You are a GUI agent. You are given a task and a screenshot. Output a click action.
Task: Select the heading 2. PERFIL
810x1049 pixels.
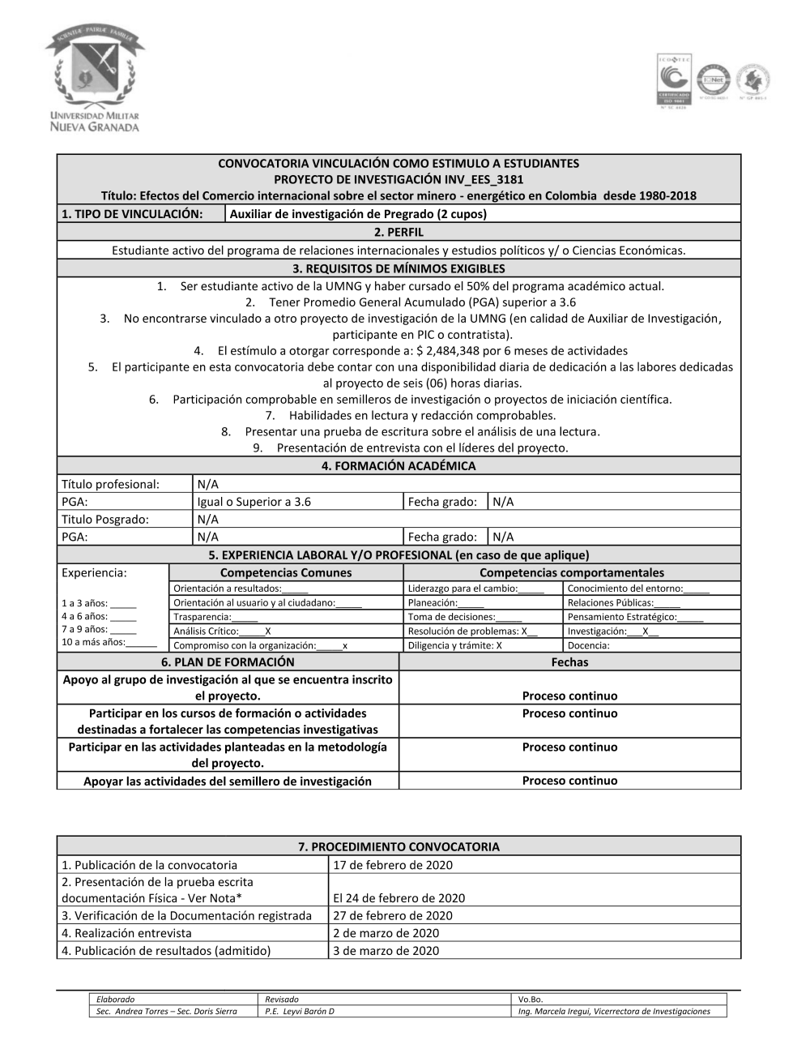point(399,232)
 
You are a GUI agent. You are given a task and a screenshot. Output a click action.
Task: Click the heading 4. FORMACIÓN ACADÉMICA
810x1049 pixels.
point(399,466)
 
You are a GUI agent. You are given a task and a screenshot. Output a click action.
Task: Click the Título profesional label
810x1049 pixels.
point(110,484)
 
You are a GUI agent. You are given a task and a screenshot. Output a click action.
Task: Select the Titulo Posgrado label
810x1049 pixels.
point(105,519)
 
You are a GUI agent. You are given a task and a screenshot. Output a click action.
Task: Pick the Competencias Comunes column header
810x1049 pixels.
point(286,572)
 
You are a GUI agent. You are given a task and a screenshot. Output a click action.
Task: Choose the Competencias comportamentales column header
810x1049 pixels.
point(571,572)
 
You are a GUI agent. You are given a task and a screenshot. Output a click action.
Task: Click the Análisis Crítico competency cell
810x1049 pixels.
point(223,631)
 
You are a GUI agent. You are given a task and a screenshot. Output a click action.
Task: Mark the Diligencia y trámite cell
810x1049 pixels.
point(455,645)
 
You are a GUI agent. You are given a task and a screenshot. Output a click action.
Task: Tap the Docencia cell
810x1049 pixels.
point(589,645)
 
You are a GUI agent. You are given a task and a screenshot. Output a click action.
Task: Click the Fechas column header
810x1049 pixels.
point(569,662)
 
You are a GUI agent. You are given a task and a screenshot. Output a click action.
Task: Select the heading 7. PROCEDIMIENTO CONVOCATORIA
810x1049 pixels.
point(399,846)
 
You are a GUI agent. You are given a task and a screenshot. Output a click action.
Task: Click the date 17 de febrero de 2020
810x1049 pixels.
point(393,865)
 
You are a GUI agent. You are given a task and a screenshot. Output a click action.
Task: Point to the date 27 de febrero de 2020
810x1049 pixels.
point(393,915)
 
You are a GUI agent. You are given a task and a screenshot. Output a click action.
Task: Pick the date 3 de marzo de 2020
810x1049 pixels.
point(386,951)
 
